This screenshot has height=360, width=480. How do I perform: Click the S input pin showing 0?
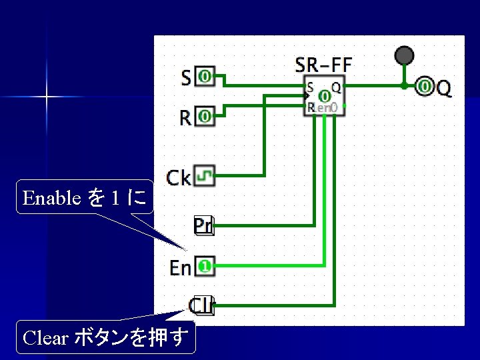205,77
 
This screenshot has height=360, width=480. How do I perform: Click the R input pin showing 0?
205,117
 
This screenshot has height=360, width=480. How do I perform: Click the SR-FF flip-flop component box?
325,97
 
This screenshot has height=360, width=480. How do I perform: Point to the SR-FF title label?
323,65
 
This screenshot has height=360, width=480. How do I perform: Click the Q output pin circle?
425,86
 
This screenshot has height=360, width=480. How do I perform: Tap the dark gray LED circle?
404,55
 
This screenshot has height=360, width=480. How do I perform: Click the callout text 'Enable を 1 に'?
85,197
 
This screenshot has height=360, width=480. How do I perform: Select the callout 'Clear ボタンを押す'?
106,337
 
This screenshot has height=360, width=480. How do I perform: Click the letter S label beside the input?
187,77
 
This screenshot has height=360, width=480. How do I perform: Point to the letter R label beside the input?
187,118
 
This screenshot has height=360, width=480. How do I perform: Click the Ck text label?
179,177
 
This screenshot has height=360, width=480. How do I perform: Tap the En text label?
181,268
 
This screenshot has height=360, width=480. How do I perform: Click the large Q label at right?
444,87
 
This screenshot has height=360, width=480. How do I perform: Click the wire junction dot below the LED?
404,85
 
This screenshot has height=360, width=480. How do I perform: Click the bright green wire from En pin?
280,267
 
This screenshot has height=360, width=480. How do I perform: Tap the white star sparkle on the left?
47,97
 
